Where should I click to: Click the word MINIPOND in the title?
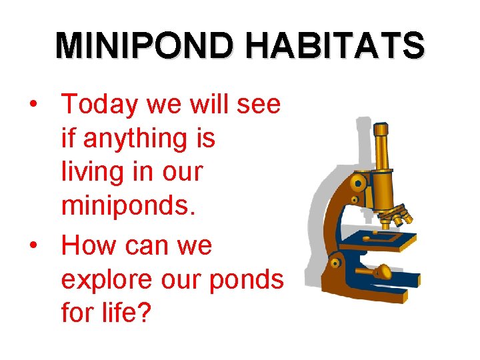[145, 47]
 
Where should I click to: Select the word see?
[261, 105]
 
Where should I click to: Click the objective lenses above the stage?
[393, 215]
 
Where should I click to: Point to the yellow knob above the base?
[384, 270]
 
